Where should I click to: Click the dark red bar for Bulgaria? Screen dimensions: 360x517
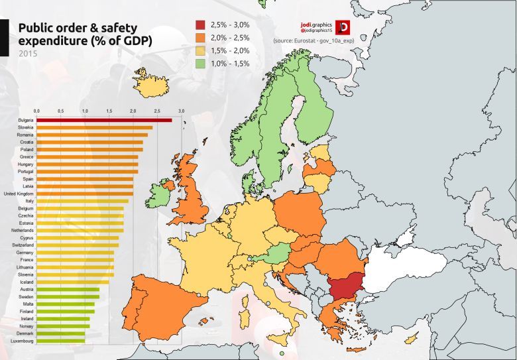(x=104, y=120)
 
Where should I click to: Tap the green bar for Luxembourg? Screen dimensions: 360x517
(x=60, y=341)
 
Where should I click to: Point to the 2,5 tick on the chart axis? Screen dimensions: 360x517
(x=156, y=110)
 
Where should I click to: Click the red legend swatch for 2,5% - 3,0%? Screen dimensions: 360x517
(x=200, y=25)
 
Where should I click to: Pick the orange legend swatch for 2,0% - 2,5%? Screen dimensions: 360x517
(x=200, y=38)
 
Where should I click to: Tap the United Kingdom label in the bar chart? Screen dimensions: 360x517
(x=19, y=194)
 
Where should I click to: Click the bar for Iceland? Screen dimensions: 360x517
(x=73, y=282)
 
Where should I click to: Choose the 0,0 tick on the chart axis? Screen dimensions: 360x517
(x=36, y=110)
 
